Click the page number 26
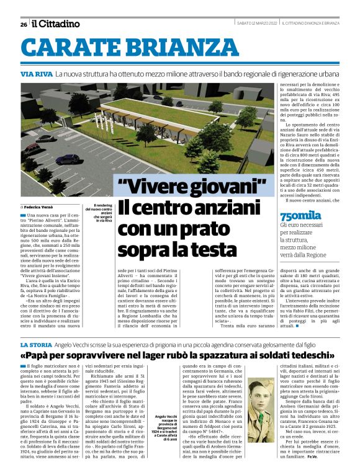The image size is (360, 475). coord(24,24)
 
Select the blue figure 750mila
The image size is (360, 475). coord(301,216)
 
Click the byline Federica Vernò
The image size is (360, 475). coord(43,206)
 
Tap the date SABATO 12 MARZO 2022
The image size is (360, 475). coord(256,24)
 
